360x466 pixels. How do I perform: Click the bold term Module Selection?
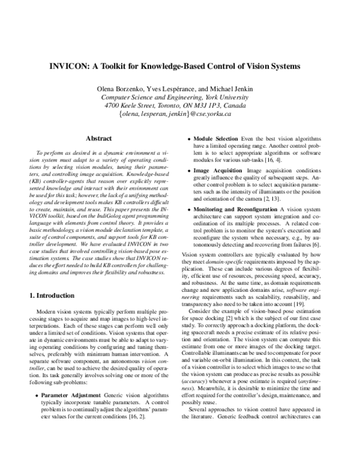tap(218, 138)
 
